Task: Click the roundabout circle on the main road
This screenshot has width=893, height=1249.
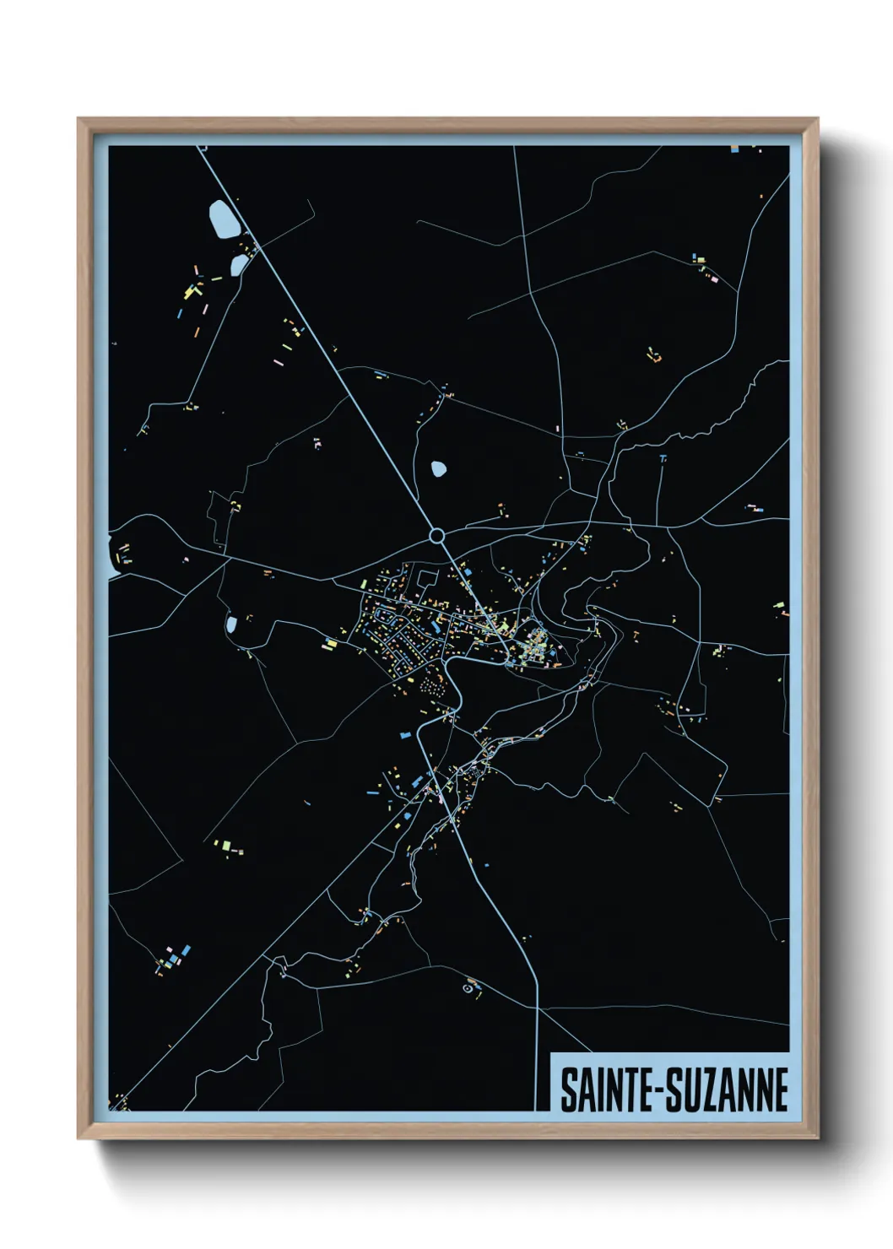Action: pos(436,535)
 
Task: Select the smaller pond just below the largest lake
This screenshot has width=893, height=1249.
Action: pos(239,265)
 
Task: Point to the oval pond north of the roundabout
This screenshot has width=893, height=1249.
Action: pos(438,468)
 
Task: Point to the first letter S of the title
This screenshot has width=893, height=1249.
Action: pos(567,1089)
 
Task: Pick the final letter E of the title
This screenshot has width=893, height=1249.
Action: pos(781,1089)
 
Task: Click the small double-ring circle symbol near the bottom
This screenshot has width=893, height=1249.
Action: pos(468,986)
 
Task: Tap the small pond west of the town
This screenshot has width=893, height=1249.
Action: pos(230,624)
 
